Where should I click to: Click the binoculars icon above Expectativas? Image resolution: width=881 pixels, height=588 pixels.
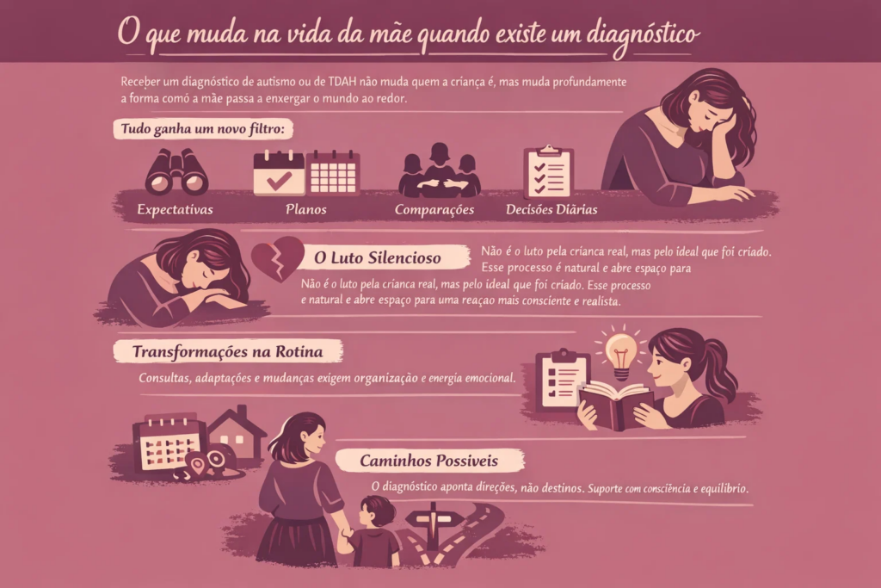pyautogui.click(x=176, y=171)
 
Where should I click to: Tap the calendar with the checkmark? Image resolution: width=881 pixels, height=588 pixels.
pyautogui.click(x=279, y=173)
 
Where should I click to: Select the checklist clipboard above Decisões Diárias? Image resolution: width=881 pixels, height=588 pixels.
pyautogui.click(x=548, y=171)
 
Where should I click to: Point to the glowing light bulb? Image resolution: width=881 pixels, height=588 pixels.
pyautogui.click(x=620, y=354)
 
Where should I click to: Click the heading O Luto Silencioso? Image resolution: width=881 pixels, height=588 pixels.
pyautogui.click(x=378, y=258)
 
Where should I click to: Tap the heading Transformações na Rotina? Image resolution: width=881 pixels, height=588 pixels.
pyautogui.click(x=227, y=352)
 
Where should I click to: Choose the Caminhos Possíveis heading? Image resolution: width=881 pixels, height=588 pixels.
pyautogui.click(x=428, y=461)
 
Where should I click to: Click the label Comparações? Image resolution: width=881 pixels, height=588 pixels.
pyautogui.click(x=434, y=210)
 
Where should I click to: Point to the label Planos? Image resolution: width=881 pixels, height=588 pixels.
pyautogui.click(x=305, y=209)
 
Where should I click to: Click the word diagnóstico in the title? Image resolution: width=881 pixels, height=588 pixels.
pyautogui.click(x=644, y=34)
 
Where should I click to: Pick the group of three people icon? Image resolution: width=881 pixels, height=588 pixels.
pyautogui.click(x=440, y=170)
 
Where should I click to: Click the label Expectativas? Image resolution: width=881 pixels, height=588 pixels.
pyautogui.click(x=176, y=210)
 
